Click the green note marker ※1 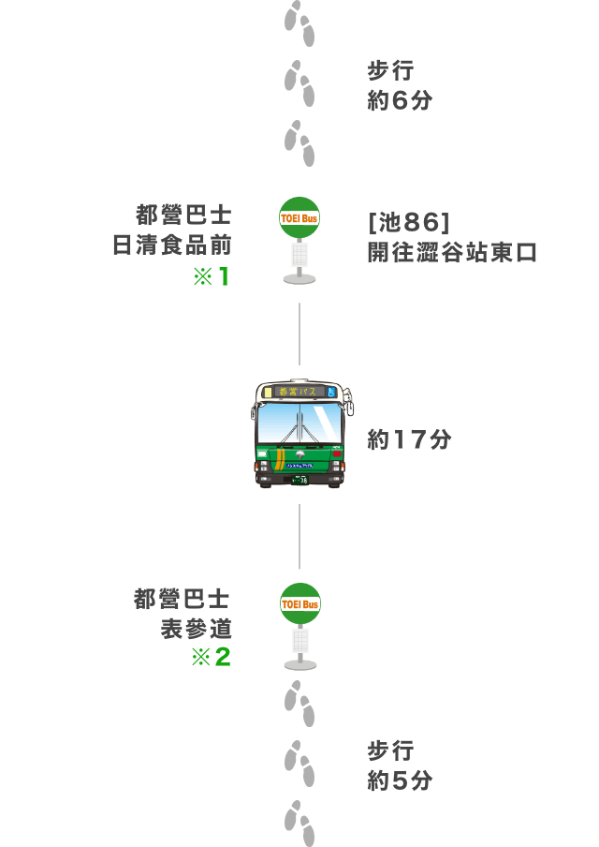[212, 276]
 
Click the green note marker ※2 [211, 657]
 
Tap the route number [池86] [408, 222]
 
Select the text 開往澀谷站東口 [452, 252]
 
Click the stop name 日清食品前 [172, 245]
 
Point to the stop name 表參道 [196, 629]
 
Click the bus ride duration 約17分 [409, 439]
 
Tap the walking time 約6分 [400, 100]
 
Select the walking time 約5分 [400, 780]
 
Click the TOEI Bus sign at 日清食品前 [299, 217]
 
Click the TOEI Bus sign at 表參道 [300, 604]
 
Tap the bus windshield [299, 423]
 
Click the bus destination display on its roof [299, 392]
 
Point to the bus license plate [299, 479]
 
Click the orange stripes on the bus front [280, 458]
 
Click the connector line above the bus [299, 334]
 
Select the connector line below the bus [299, 536]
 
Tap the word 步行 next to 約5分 [390, 750]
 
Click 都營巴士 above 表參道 [182, 599]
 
